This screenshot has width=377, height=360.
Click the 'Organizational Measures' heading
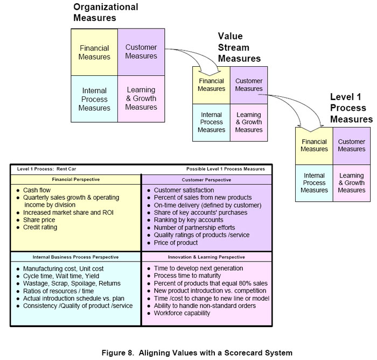click(106, 12)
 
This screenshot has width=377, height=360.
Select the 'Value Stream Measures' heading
click(239, 47)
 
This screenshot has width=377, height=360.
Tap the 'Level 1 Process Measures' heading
click(351, 108)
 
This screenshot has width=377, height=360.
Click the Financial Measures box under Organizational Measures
click(94, 52)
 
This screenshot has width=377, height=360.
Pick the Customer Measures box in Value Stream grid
click(249, 85)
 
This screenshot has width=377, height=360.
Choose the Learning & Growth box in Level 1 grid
click(352, 183)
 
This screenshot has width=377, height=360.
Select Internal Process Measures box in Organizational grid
click(94, 99)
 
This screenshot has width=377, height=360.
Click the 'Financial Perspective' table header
click(75, 179)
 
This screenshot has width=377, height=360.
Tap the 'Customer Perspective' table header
click(206, 179)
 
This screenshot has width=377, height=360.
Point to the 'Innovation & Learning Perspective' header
click(206, 257)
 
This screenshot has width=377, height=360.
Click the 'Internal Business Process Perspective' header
click(75, 257)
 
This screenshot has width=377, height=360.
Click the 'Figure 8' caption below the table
click(197, 353)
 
